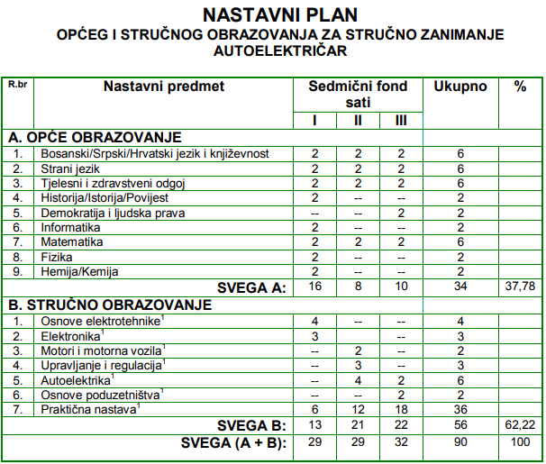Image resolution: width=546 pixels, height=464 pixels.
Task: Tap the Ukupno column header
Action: pyautogui.click(x=460, y=87)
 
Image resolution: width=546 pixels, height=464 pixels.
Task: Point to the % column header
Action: pyautogui.click(x=520, y=87)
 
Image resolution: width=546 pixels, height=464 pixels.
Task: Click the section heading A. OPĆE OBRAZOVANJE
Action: pyautogui.click(x=95, y=138)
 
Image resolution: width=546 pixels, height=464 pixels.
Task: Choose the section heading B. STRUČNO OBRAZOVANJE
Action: pyautogui.click(x=110, y=305)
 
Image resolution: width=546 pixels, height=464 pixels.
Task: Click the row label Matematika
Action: pyautogui.click(x=72, y=242)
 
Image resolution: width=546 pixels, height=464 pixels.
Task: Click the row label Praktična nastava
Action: pyautogui.click(x=89, y=409)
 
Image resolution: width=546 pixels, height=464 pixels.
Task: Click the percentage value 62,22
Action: pyautogui.click(x=520, y=424)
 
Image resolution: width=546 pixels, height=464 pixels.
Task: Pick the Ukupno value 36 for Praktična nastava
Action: pyautogui.click(x=460, y=409)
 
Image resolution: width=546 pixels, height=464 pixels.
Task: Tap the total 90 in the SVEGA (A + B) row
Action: pyautogui.click(x=460, y=441)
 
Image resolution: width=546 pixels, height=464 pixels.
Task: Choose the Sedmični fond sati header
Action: pyautogui.click(x=359, y=95)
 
